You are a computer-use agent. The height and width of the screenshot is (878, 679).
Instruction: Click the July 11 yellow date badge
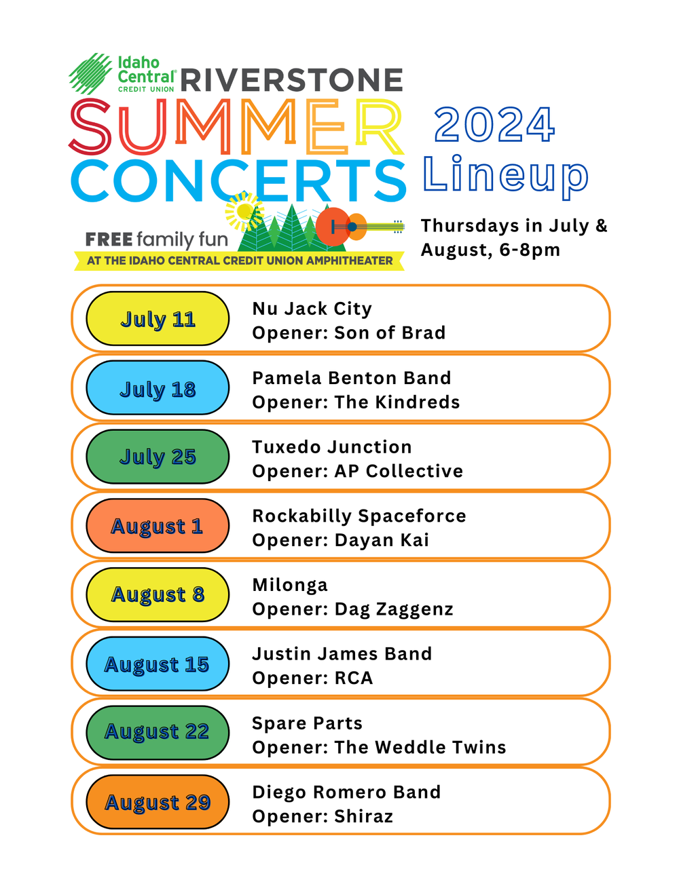click(x=158, y=319)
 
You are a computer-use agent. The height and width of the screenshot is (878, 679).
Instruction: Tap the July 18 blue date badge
click(x=158, y=388)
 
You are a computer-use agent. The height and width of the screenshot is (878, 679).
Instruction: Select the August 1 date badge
click(x=158, y=526)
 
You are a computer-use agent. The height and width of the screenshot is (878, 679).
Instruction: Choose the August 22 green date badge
click(x=158, y=732)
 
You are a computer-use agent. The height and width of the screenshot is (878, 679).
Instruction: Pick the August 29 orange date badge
click(x=158, y=802)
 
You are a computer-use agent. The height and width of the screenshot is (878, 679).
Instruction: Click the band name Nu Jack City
click(x=312, y=309)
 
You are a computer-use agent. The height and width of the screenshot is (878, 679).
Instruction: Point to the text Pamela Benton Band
click(x=351, y=378)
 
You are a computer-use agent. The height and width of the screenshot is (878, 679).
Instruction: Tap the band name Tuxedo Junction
click(x=331, y=447)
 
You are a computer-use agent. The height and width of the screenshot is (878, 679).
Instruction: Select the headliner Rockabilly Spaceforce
click(x=359, y=516)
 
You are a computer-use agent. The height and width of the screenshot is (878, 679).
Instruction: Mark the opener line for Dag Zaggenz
click(x=352, y=609)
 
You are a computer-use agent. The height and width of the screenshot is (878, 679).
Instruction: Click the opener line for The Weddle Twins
click(x=379, y=748)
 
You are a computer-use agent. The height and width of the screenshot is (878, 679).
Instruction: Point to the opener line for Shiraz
click(x=323, y=816)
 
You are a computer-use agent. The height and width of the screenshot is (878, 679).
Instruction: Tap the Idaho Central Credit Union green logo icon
click(x=90, y=73)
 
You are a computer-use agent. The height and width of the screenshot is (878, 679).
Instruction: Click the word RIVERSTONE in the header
click(x=292, y=80)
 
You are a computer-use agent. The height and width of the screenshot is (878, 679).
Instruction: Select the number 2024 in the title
click(x=494, y=126)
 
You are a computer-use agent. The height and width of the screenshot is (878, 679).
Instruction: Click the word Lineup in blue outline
click(x=505, y=176)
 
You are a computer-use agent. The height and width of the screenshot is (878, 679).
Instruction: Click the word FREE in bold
click(x=109, y=240)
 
